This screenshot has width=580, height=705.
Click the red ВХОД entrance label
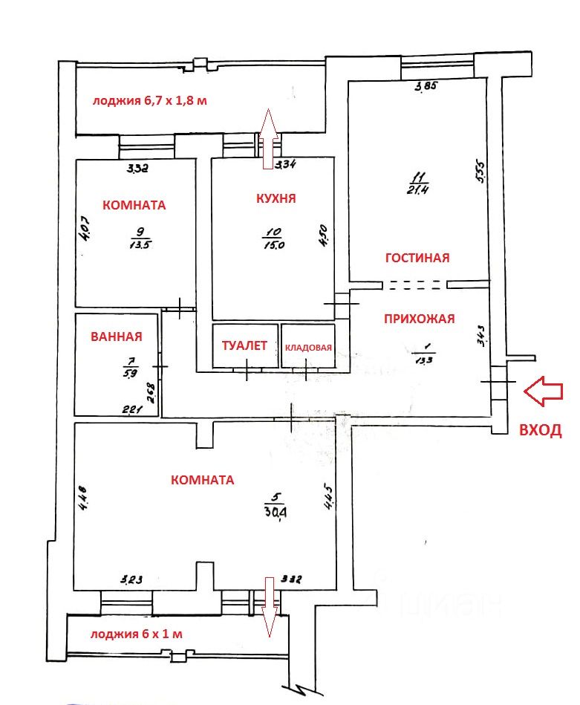pyautogui.click(x=540, y=429)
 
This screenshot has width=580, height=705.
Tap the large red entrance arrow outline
pyautogui.click(x=543, y=391)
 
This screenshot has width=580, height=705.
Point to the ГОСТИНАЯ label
pyautogui.click(x=417, y=258)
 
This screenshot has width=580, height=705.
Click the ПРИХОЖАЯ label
pyautogui.click(x=419, y=319)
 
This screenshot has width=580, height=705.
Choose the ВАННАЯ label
pyautogui.click(x=116, y=337)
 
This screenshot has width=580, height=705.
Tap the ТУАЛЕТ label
pyautogui.click(x=244, y=345)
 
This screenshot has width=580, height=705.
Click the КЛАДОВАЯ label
pyautogui.click(x=308, y=346)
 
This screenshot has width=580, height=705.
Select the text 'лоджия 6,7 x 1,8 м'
pyautogui.click(x=149, y=101)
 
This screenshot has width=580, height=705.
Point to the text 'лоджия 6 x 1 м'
pyautogui.click(x=136, y=634)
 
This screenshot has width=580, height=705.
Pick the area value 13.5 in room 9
pyautogui.click(x=136, y=244)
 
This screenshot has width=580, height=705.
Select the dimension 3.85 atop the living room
pyautogui.click(x=426, y=87)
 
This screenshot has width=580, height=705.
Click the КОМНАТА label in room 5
pyautogui.click(x=202, y=480)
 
